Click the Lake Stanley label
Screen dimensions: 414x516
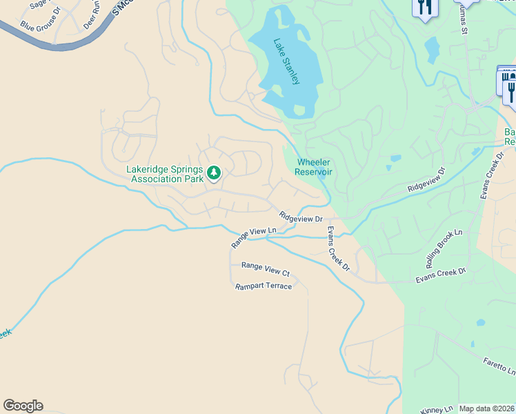[286, 61]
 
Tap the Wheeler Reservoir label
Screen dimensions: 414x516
[314, 166]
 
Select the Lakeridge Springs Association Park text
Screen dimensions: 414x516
[166, 174]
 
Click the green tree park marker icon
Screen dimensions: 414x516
[214, 172]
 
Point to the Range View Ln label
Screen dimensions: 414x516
[253, 238]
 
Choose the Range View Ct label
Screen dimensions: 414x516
[265, 268]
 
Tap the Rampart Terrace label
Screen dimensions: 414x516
[263, 286]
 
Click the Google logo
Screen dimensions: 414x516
[23, 406]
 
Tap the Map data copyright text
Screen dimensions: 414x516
[486, 408]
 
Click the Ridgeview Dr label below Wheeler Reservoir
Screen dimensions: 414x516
[301, 217]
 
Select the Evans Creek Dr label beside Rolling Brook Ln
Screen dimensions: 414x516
[441, 274]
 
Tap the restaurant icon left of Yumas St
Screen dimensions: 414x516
[424, 8]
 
